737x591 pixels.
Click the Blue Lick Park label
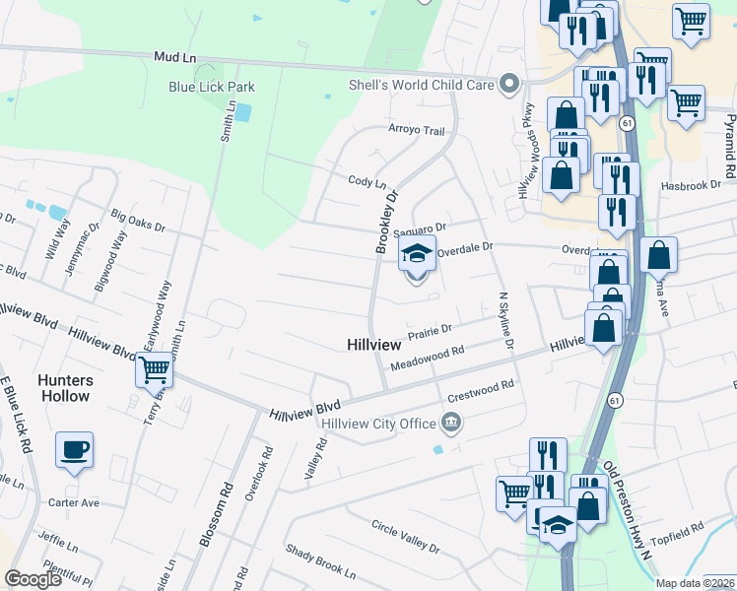[212, 87]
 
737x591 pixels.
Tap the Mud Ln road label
[169, 58]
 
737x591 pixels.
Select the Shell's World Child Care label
[422, 85]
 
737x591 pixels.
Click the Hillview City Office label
[378, 424]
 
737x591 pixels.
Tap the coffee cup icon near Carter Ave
[75, 450]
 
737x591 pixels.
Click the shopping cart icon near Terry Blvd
[153, 369]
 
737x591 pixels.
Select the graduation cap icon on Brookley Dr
[417, 253]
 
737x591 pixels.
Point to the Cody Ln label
[367, 182]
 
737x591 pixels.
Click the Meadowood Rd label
[427, 358]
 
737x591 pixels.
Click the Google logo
[33, 579]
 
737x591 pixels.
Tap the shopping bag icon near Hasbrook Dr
[561, 174]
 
